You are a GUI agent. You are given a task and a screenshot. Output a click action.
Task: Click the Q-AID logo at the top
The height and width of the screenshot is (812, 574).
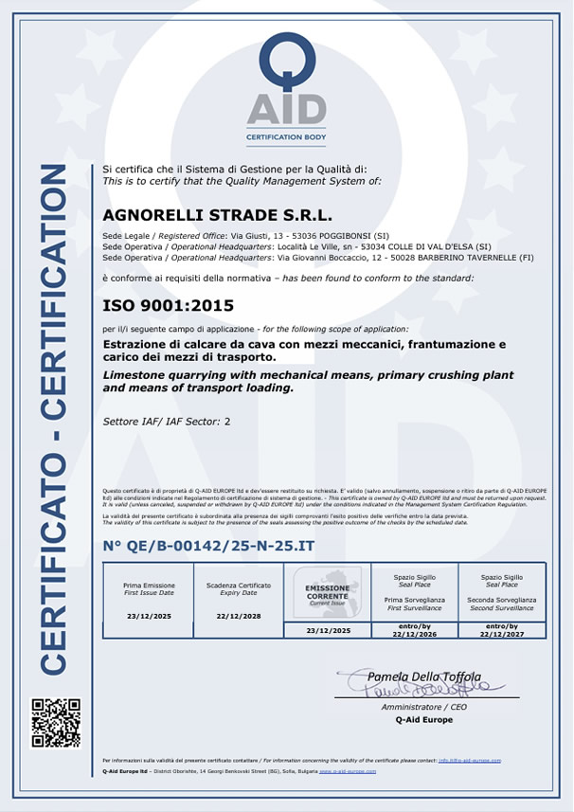point(286,80)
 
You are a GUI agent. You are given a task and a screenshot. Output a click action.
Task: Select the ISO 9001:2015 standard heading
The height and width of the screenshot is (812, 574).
point(168,305)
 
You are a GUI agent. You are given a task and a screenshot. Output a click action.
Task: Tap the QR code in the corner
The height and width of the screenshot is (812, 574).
point(56,723)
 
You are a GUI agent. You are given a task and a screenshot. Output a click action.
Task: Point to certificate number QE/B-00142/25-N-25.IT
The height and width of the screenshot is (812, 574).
point(208,547)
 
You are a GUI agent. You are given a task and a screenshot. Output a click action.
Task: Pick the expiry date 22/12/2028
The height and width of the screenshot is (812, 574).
point(238,615)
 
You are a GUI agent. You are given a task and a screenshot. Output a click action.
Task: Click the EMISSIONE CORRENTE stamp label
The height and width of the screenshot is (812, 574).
point(327,591)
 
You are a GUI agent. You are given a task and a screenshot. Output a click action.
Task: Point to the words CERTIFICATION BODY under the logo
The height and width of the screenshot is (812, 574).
point(286,137)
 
